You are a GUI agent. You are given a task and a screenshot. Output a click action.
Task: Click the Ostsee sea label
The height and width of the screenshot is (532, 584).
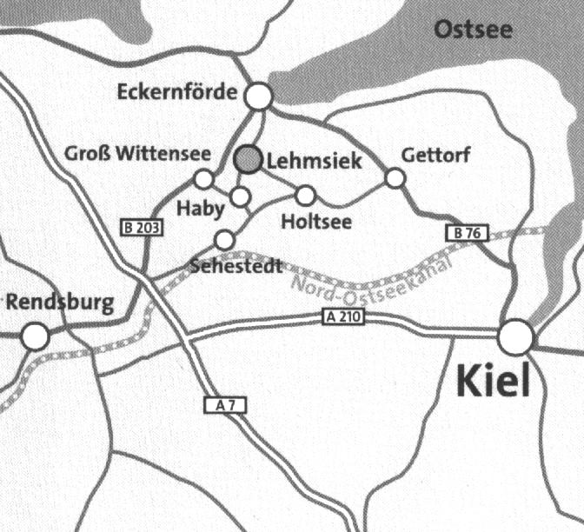(474, 30)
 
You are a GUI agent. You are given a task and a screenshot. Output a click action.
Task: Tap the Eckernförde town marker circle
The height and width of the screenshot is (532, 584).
(258, 96)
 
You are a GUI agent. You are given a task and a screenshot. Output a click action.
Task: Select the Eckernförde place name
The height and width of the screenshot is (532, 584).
(177, 91)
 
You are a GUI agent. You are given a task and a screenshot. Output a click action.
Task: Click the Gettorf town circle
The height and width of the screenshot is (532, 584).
(395, 178)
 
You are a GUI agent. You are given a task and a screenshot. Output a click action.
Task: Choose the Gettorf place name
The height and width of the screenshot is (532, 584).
(436, 156)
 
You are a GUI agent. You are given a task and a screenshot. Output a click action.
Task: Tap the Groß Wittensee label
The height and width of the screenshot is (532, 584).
(138, 155)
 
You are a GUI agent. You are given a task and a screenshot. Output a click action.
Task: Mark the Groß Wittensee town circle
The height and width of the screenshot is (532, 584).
(203, 179)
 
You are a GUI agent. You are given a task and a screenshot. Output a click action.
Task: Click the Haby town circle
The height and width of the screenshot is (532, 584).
(241, 196)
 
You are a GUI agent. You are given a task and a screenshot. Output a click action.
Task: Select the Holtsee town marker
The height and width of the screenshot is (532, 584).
(306, 195)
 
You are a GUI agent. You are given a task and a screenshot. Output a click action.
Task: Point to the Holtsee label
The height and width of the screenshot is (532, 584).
(317, 223)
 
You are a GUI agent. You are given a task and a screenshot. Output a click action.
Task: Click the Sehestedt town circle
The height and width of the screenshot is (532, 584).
(224, 239)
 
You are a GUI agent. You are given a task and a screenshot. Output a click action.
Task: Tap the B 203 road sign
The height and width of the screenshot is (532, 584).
(140, 228)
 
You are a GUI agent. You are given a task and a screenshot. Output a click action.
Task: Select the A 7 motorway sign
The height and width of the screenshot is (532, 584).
(221, 404)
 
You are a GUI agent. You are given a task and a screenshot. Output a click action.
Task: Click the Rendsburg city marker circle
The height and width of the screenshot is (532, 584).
(35, 336)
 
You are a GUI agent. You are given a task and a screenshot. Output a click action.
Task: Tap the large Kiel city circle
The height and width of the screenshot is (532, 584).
(516, 336)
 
